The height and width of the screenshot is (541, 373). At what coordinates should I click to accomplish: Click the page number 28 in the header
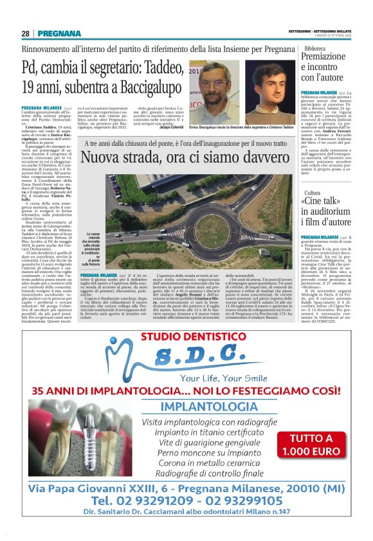pyautogui.click(x=25, y=33)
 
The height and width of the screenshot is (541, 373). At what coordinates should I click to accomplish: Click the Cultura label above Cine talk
pyautogui.click(x=313, y=193)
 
